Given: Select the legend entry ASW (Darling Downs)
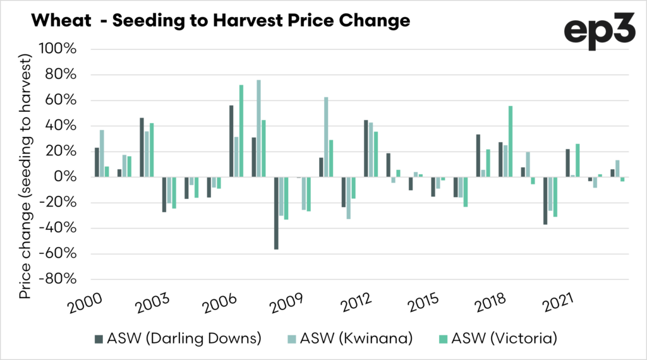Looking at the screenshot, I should point(178,338).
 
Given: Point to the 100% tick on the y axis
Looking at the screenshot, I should point(58,49).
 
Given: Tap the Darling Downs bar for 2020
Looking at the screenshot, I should point(545,201).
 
